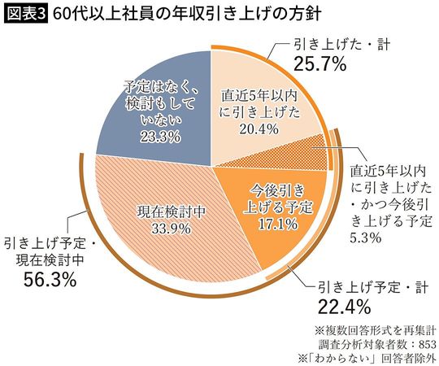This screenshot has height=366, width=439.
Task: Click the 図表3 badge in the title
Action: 24,14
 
